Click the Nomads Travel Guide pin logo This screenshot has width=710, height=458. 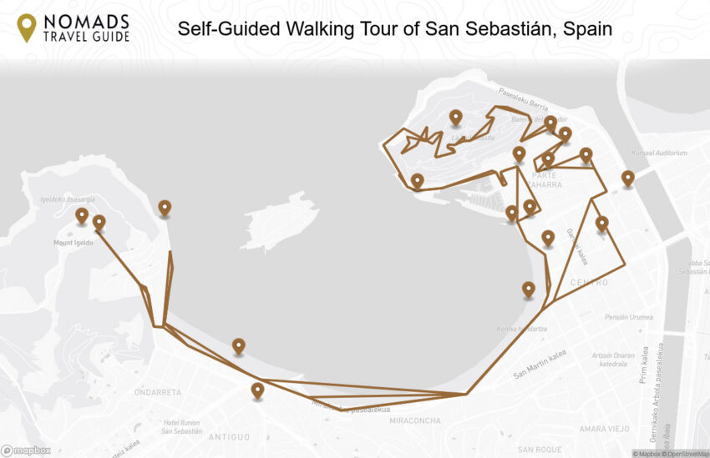coord(27,28)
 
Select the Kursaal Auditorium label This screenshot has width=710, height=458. coord(660,153)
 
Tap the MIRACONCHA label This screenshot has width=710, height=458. coord(414,420)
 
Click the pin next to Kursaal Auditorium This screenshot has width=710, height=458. coord(627,178)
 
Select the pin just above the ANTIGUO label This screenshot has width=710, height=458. coord(257,389)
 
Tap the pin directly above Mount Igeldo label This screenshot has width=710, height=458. coord(81,215)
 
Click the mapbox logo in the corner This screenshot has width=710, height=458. coord(26,450)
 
